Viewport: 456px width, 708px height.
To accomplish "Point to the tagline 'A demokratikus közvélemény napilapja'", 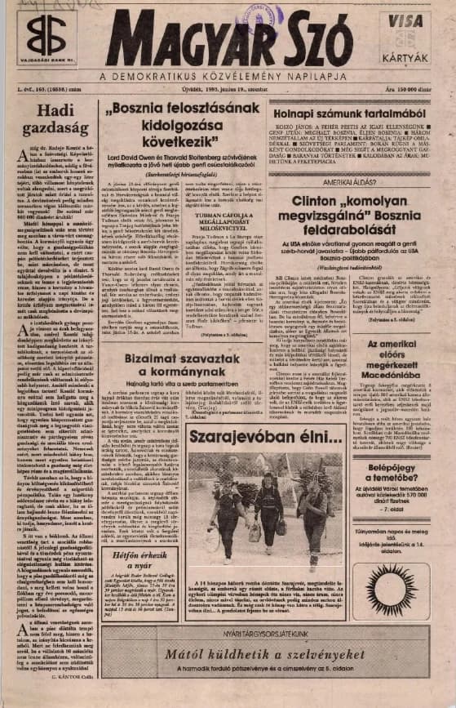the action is coord(220,78).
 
